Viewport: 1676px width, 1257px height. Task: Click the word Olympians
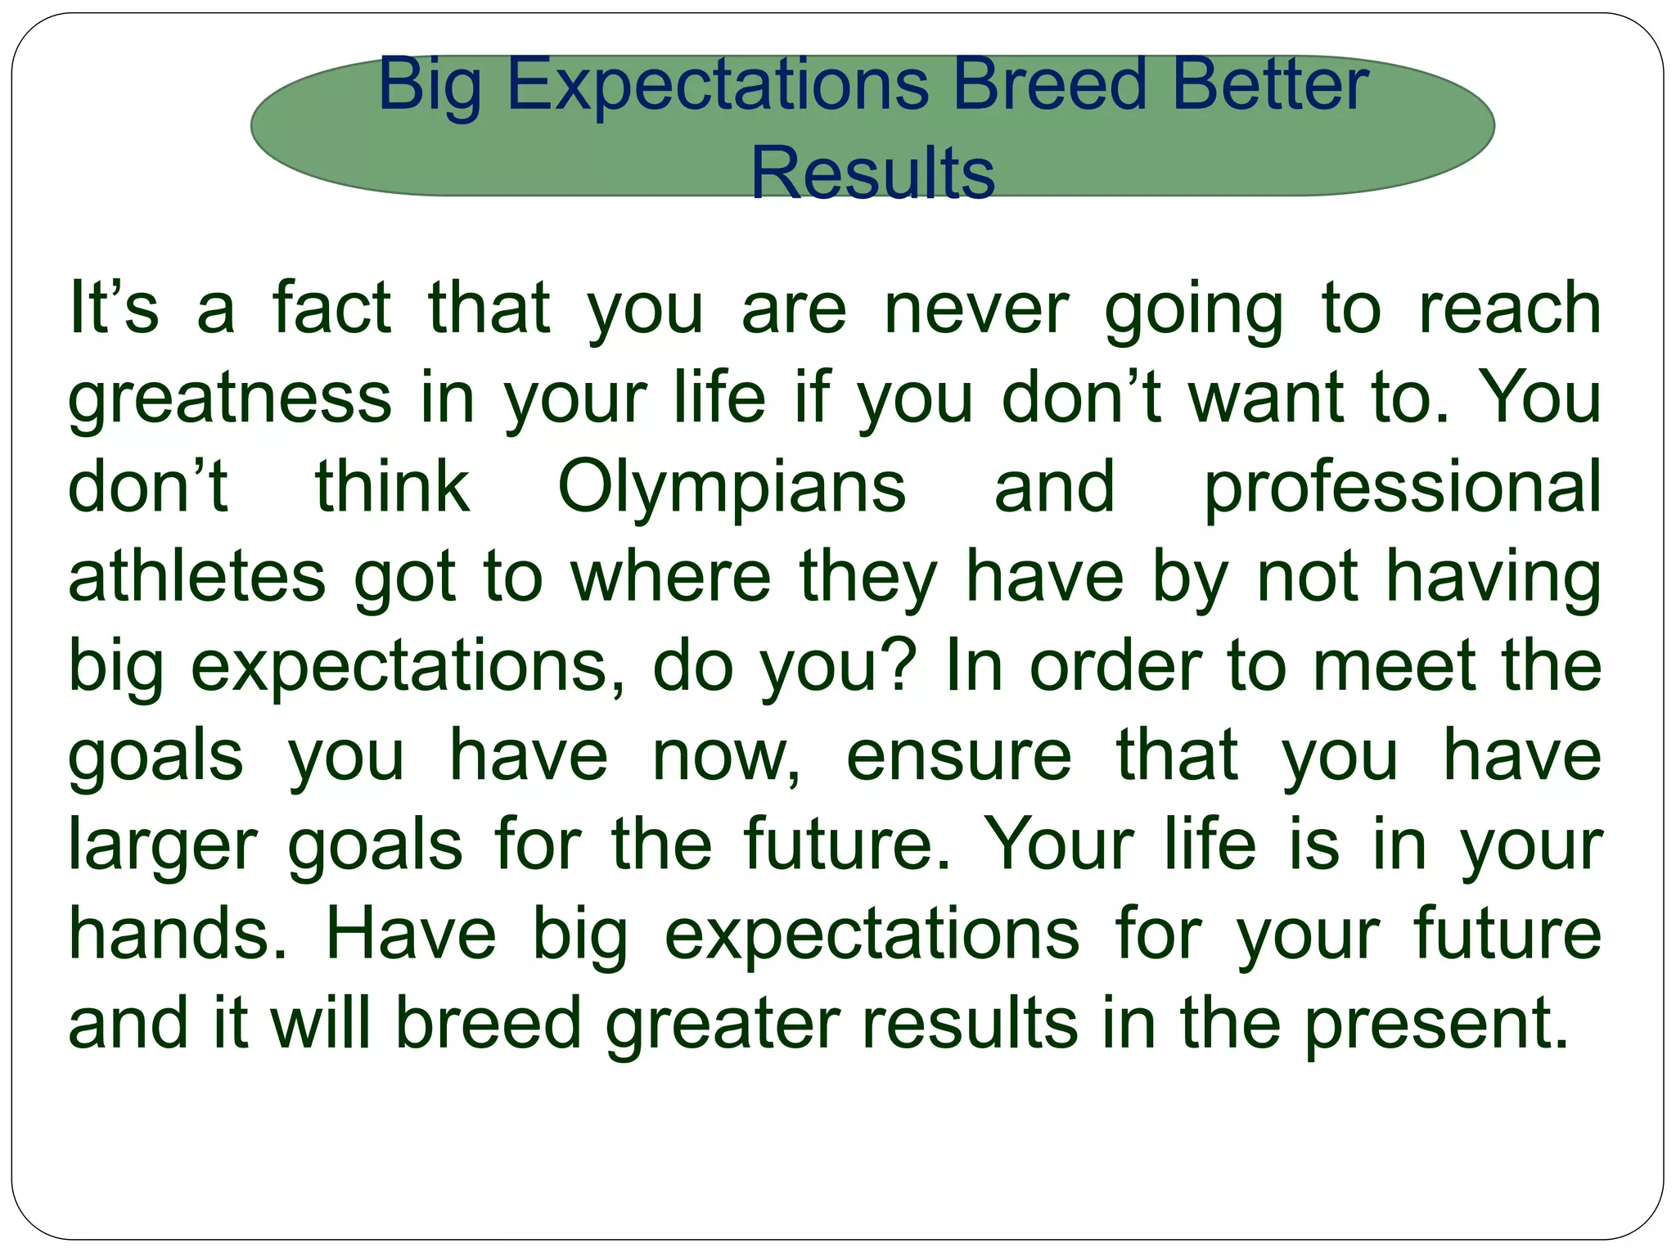(732, 489)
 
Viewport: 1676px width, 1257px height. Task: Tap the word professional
(1402, 489)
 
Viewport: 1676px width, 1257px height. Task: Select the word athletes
(196, 578)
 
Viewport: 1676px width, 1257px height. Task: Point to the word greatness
(230, 399)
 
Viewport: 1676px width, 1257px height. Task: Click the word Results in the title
(872, 173)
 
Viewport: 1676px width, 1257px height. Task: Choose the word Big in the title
(430, 86)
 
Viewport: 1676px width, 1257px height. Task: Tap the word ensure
(958, 756)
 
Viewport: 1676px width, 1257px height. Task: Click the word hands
(177, 935)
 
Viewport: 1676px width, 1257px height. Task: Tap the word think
(393, 489)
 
